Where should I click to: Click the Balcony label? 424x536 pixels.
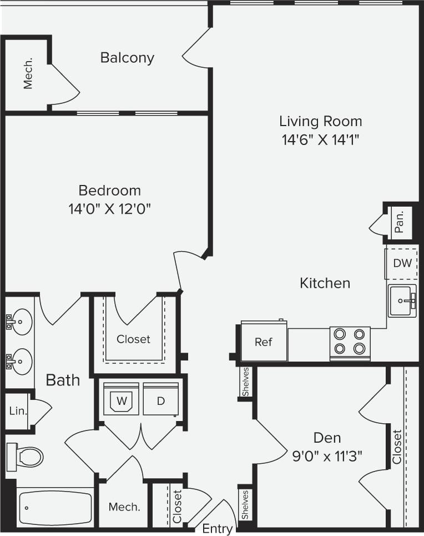(127, 58)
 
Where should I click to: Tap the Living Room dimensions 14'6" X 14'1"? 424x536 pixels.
(320, 139)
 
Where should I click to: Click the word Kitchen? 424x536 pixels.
(325, 283)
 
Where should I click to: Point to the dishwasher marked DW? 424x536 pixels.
(402, 263)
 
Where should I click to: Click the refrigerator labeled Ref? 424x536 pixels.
(264, 342)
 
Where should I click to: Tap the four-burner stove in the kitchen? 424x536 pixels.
(350, 342)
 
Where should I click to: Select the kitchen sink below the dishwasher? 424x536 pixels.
(402, 301)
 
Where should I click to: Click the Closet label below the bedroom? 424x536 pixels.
(133, 339)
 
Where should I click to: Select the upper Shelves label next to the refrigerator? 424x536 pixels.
(245, 382)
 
